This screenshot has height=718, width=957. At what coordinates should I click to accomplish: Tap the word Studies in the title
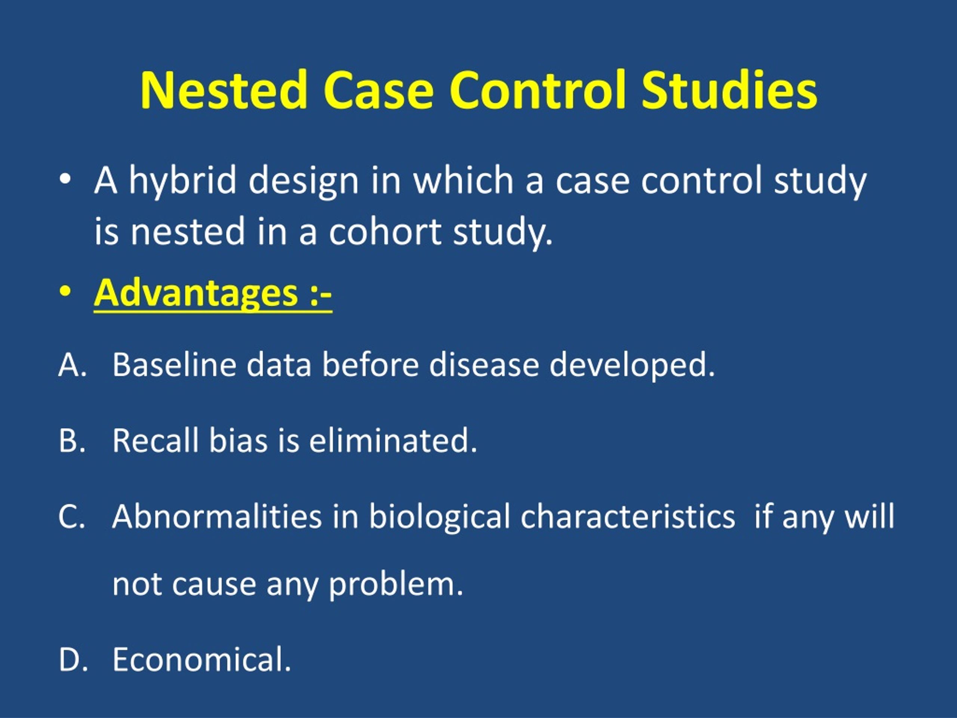point(729,90)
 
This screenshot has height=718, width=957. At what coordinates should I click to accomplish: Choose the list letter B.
point(69,440)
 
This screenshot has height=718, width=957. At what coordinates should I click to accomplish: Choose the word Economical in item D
point(201,660)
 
